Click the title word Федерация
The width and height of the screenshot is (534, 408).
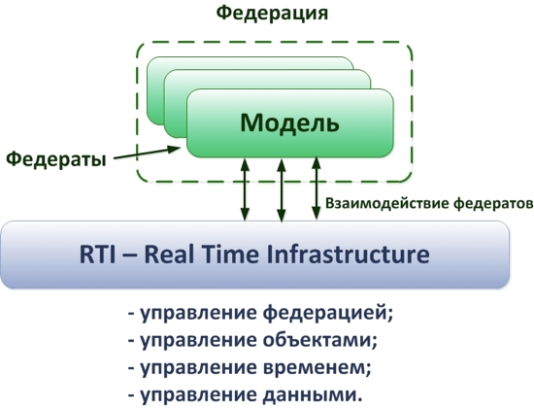(x=272, y=14)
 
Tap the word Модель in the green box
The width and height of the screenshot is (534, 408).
(x=290, y=122)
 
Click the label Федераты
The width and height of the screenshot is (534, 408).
(x=56, y=158)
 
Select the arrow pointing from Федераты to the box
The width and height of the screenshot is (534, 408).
(x=147, y=153)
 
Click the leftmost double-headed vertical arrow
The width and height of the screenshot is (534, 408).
(x=245, y=189)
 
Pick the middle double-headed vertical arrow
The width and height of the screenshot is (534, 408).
(x=281, y=190)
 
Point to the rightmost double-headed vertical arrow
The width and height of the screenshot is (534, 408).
(x=317, y=188)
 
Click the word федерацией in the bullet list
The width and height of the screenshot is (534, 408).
(x=328, y=313)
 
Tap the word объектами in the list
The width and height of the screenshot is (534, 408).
(x=320, y=340)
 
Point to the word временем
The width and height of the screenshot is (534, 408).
(x=317, y=367)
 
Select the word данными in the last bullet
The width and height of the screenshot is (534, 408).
(x=313, y=395)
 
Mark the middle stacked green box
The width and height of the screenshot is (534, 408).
(x=267, y=79)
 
